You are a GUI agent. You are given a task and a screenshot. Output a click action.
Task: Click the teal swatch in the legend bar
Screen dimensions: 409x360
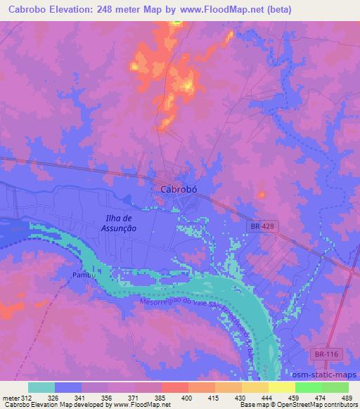click(41, 387)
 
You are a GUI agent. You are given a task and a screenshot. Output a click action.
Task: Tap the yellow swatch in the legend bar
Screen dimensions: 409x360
click(282, 387)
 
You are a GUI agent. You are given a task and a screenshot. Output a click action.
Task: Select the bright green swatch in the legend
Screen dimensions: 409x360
click(309, 387)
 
